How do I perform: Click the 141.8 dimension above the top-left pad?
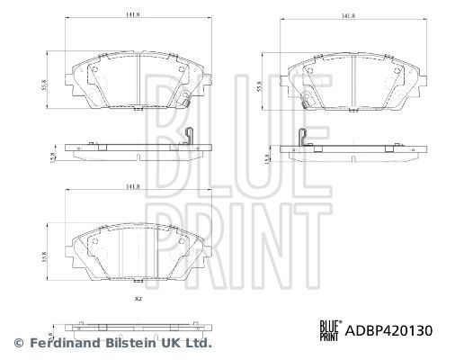click(132, 14)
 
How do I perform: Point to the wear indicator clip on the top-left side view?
click(187, 137)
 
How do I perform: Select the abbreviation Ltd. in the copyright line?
click(197, 343)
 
